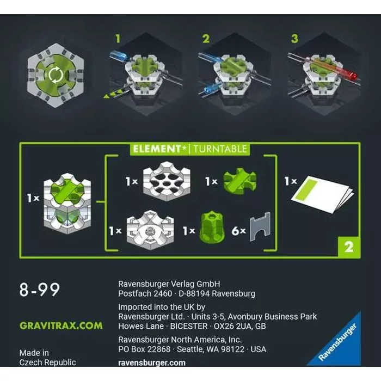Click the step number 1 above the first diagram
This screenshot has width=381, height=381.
coord(118,39)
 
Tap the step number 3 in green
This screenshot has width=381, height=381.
coord(294,39)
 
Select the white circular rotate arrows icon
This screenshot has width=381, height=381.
coord(56,75)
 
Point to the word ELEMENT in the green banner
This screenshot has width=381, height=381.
coord(157,149)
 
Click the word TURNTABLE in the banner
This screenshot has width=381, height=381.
coord(220,149)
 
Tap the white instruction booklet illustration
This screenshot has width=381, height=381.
coord(323,194)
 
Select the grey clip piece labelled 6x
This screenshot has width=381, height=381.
coord(260,226)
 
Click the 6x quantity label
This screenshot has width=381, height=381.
coord(238,231)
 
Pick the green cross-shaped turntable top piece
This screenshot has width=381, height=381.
coord(239,181)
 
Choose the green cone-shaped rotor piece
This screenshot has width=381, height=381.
coord(212,227)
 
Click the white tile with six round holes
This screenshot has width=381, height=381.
coord(167,181)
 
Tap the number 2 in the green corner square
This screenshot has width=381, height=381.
coord(349,247)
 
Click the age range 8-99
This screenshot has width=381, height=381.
coord(39,290)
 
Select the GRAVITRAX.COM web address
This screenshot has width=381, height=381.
coord(61,325)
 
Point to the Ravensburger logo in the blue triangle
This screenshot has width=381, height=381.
coord(337,342)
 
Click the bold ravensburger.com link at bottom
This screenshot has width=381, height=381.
coord(152,362)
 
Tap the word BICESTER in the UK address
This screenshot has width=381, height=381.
coord(189,326)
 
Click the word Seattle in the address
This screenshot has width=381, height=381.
coord(189,349)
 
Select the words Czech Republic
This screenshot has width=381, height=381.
coord(48,362)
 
